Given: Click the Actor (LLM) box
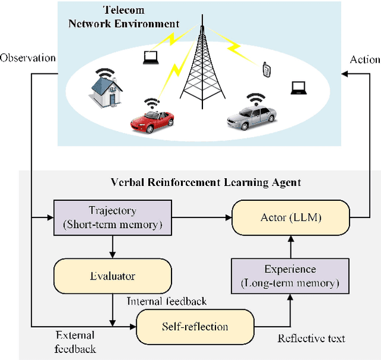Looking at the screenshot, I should (291, 217).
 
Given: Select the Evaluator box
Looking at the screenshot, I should (113, 275).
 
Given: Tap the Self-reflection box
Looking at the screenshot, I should (195, 326).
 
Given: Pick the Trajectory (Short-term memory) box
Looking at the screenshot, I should (112, 217).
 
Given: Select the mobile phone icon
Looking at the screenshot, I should (266, 69).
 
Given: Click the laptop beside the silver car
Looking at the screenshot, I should (298, 88).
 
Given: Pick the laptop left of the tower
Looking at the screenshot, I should (149, 57).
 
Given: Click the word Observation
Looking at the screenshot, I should (28, 58).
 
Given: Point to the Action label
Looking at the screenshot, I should (365, 60).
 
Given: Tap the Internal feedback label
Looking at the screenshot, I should (167, 301).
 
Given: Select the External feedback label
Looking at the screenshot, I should (74, 341).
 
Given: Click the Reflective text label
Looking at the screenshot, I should (311, 338).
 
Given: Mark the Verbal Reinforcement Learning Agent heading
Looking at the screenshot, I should (205, 182).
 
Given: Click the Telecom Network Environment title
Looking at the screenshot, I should (140, 17).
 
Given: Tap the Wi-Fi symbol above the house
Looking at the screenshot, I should (106, 73).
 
